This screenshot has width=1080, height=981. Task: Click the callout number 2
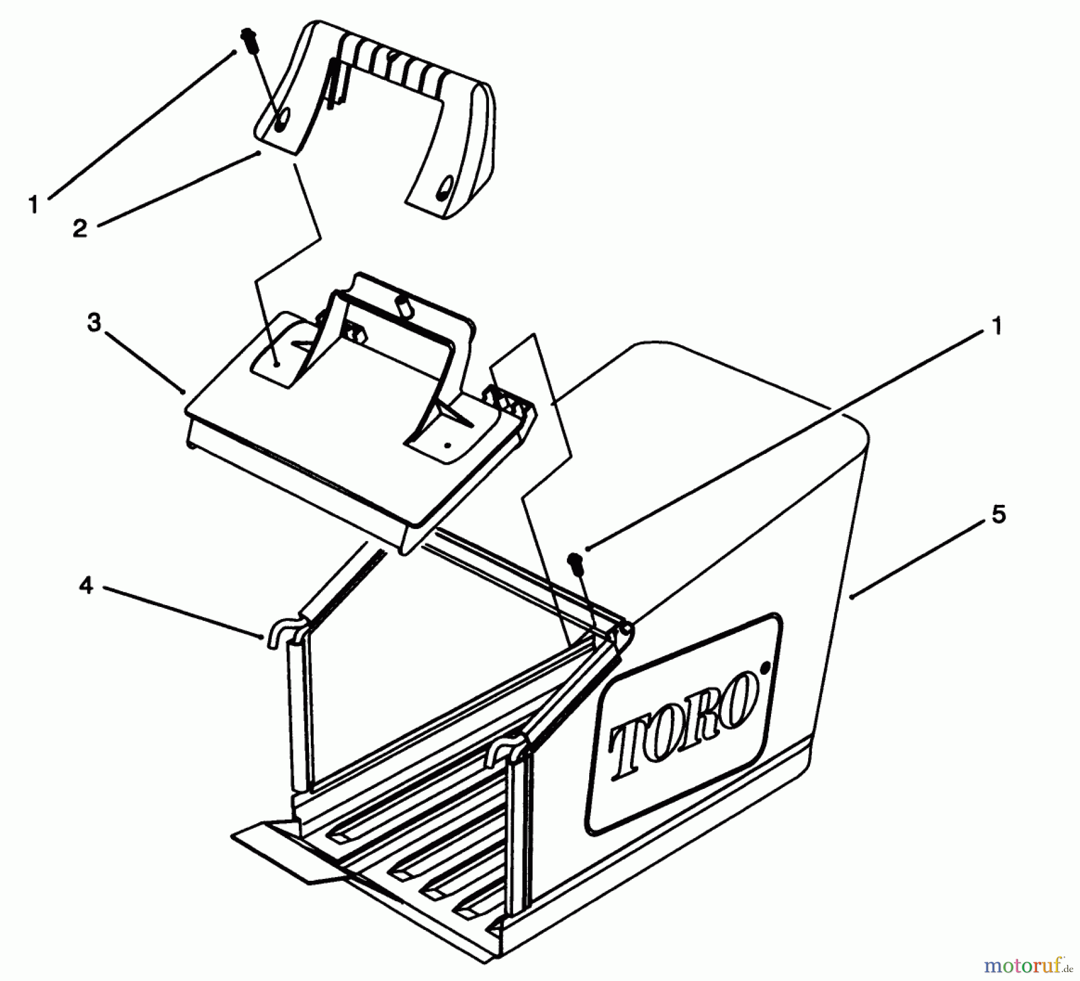click(80, 228)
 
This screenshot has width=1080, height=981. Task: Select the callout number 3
click(95, 323)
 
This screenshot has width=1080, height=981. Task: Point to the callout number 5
click(998, 515)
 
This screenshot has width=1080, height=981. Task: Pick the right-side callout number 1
click(996, 327)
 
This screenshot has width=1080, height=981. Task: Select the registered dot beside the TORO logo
click(764, 666)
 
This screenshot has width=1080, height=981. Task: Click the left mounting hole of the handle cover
click(280, 118)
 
